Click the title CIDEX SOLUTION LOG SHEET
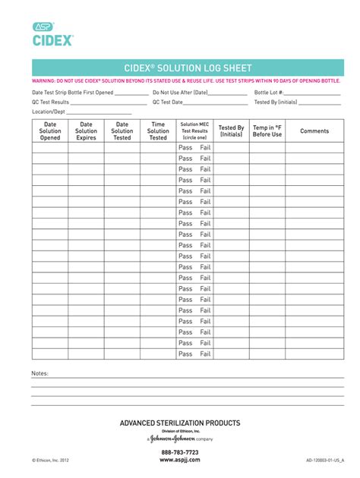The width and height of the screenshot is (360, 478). [x=188, y=68]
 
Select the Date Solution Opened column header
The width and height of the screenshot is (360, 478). [x=50, y=131]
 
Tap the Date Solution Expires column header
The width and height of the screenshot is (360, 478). [x=87, y=131]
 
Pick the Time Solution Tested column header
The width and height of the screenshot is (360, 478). [x=158, y=131]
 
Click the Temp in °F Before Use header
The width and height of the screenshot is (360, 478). [x=267, y=131]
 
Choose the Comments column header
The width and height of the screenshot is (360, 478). [x=314, y=131]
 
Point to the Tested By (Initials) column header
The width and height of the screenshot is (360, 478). [x=231, y=131]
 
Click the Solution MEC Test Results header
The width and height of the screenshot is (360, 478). [x=194, y=131]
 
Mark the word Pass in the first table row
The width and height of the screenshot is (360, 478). [x=185, y=148]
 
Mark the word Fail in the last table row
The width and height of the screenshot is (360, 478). [x=205, y=354]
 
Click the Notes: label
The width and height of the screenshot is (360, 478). [x=39, y=374]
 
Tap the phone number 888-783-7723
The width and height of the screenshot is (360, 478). [x=180, y=451]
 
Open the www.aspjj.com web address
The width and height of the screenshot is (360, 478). [x=180, y=460]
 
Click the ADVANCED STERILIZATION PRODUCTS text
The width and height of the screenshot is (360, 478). [x=180, y=423]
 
